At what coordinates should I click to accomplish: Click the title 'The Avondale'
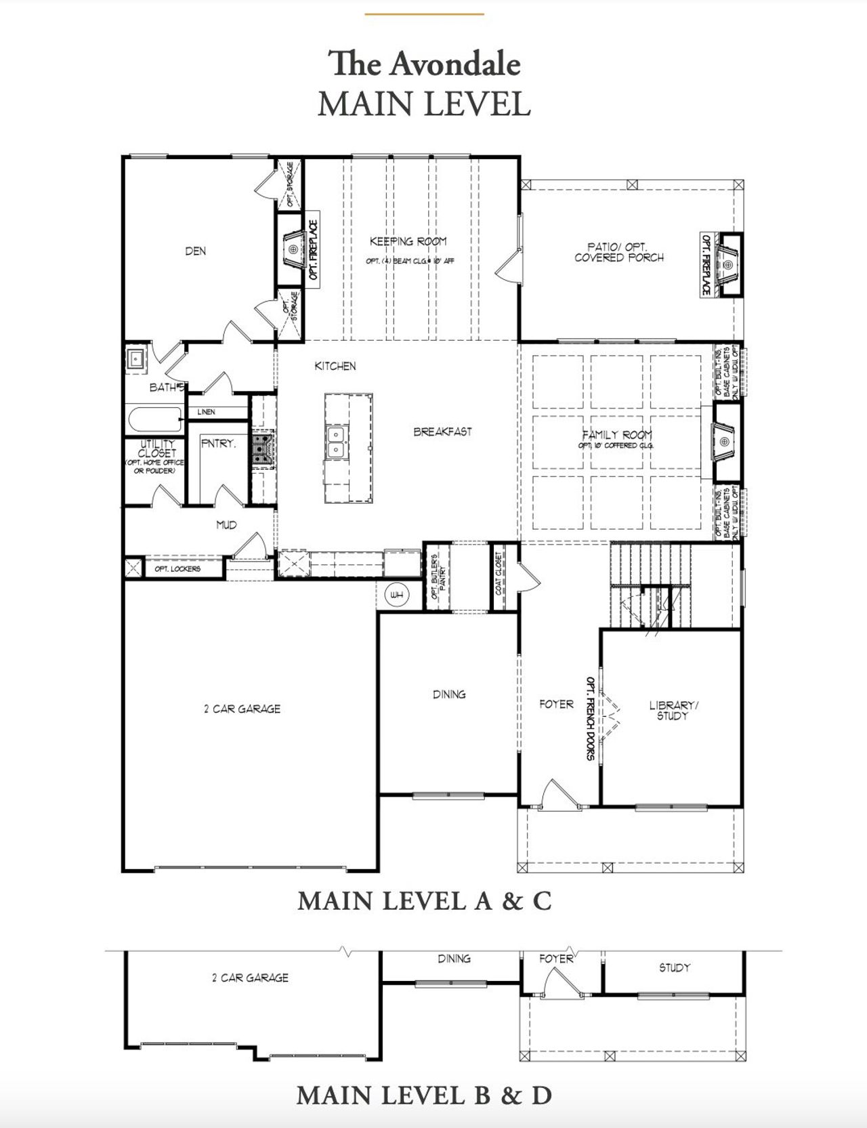click(x=425, y=64)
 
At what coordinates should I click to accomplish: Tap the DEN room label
click(x=196, y=251)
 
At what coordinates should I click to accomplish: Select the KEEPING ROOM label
click(x=408, y=241)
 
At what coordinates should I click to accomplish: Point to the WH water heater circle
click(x=397, y=596)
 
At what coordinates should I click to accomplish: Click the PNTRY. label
click(x=218, y=444)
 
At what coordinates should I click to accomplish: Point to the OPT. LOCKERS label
click(x=177, y=569)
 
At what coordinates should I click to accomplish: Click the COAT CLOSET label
click(x=499, y=573)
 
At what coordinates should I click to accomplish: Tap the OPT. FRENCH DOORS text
click(x=590, y=718)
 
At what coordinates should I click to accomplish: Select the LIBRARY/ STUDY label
click(x=673, y=710)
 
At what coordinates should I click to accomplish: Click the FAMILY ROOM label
click(x=617, y=435)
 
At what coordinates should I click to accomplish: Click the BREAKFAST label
click(x=442, y=432)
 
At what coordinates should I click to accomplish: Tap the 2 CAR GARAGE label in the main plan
click(x=242, y=709)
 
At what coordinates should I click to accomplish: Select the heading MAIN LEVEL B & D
click(x=424, y=1095)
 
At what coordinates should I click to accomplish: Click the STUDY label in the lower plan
click(x=675, y=968)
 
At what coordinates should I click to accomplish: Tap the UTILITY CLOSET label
click(x=156, y=448)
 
